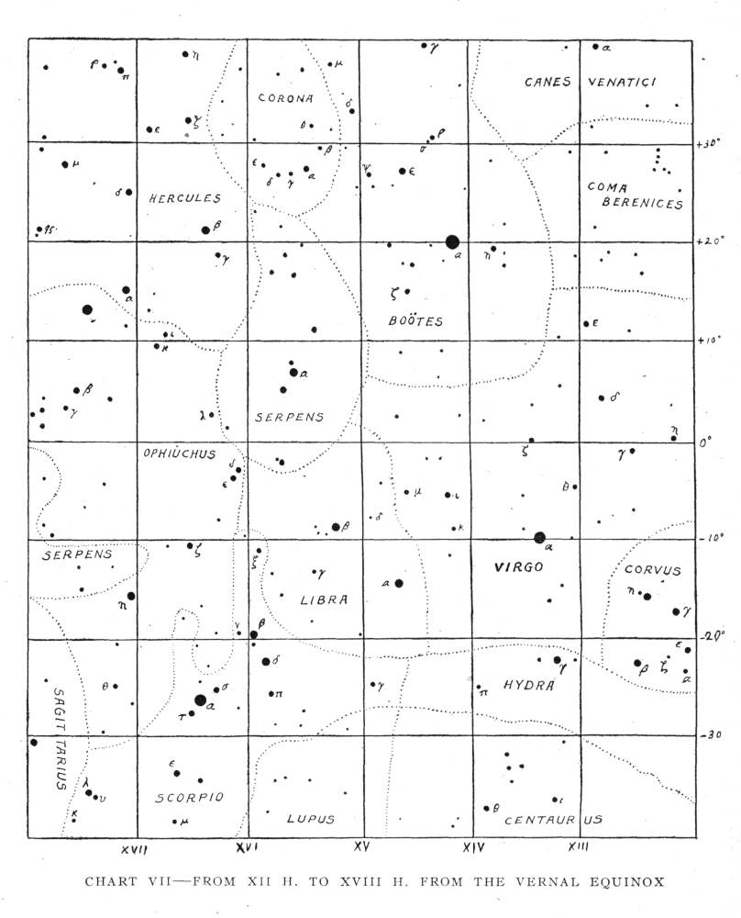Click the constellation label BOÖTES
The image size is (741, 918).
point(415,321)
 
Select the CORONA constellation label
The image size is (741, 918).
point(285,98)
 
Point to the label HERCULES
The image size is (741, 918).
point(185,197)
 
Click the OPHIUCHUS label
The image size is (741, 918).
point(178,453)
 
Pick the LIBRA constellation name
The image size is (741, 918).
point(325,600)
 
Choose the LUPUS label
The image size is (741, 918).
point(310,819)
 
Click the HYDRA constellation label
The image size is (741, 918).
point(527,686)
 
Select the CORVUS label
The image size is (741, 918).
point(655,570)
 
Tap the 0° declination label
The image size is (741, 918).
point(704,442)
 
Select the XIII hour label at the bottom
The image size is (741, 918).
point(577,845)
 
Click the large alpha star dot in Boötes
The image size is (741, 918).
point(451,241)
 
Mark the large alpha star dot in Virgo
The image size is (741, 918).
point(539,537)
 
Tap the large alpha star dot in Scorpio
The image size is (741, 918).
point(201,700)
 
